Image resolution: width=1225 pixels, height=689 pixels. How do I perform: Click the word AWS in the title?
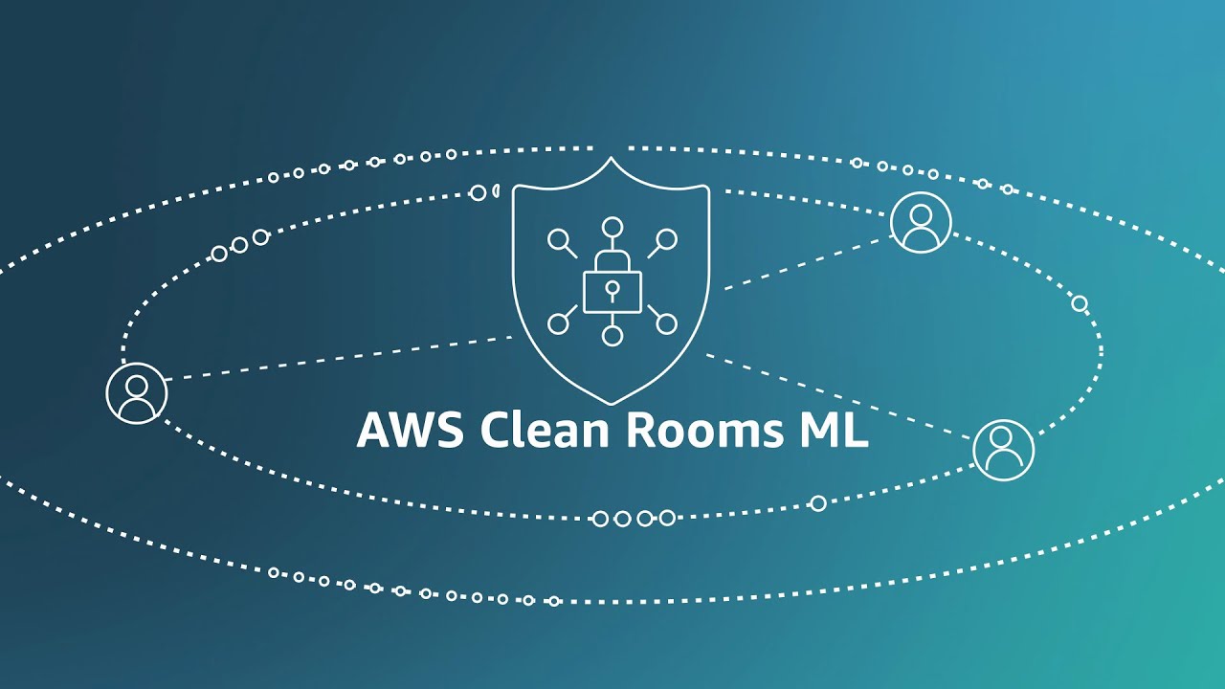click(x=411, y=431)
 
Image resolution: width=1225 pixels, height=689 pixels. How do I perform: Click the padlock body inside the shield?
click(x=612, y=291)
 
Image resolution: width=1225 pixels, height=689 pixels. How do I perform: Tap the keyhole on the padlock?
click(x=612, y=286)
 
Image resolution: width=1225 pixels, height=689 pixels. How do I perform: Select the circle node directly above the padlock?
click(x=612, y=228)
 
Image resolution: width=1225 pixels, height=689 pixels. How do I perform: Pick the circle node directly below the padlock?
click(x=612, y=336)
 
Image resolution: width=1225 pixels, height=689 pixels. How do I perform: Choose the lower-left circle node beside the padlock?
click(x=557, y=324)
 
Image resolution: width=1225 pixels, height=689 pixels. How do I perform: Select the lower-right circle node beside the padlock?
click(x=667, y=324)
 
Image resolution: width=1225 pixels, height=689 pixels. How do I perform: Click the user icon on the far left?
click(x=137, y=392)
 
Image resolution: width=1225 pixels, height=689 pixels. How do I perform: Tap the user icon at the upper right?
click(x=921, y=222)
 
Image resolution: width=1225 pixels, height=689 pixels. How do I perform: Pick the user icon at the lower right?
click(x=1003, y=449)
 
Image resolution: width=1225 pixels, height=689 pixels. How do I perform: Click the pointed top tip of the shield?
click(x=611, y=159)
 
